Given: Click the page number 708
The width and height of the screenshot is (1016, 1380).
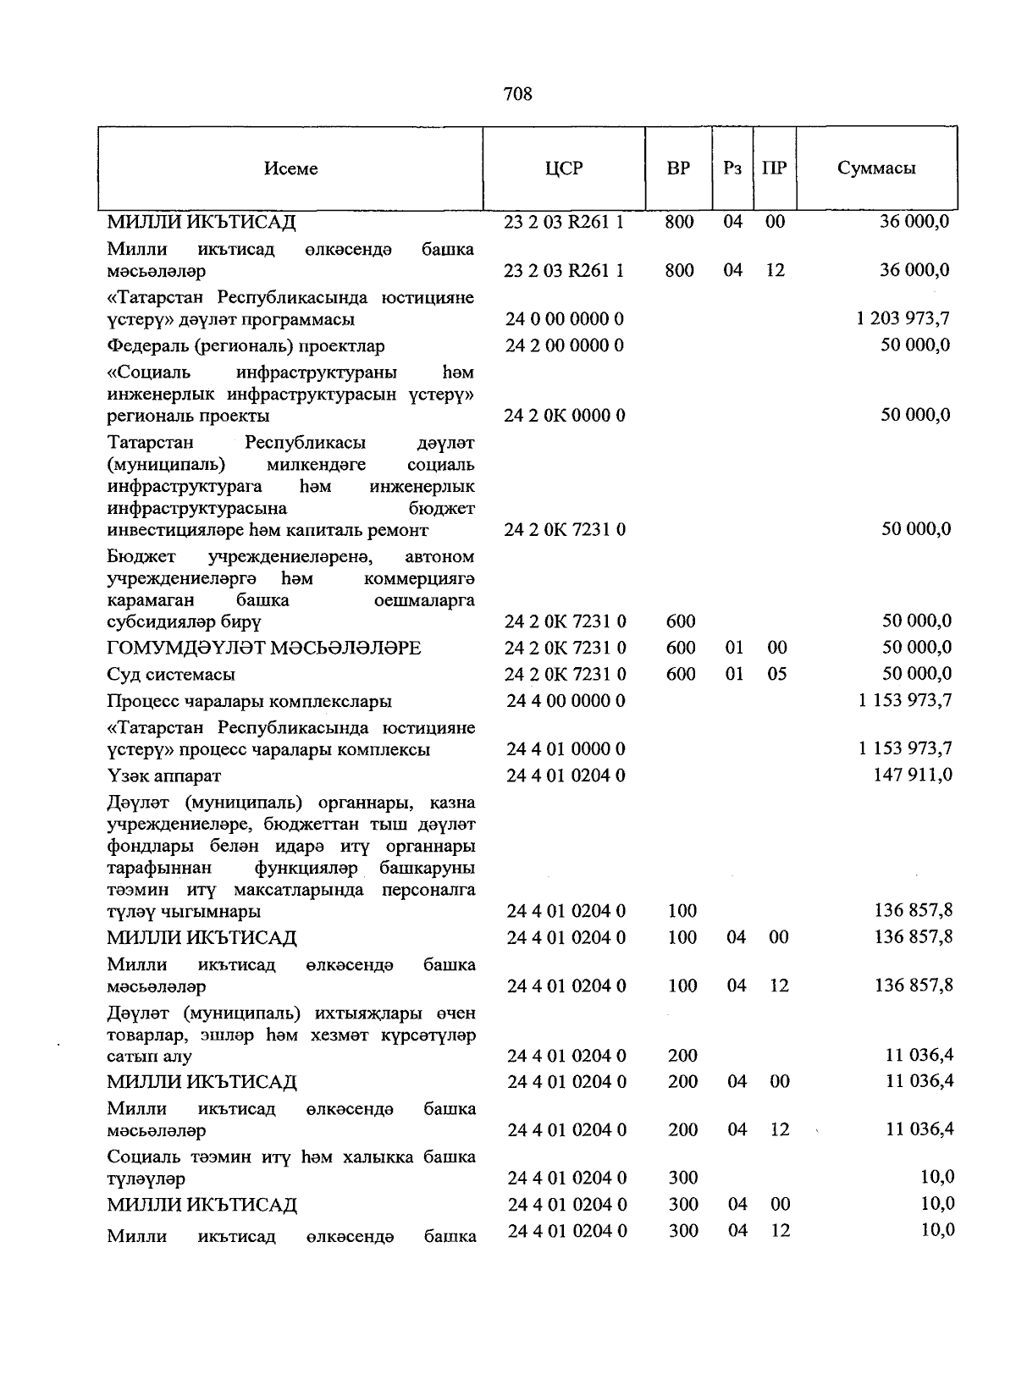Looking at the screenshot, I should point(517,94).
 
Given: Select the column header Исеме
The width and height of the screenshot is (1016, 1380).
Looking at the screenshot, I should point(290,168).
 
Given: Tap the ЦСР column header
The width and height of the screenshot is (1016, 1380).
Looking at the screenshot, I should point(564,168).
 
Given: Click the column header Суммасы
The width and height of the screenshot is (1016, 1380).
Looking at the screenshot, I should point(876,168).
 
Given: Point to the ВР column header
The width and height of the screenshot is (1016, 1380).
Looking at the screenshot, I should point(678,168).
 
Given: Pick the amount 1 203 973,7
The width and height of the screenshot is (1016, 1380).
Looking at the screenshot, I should point(903,318).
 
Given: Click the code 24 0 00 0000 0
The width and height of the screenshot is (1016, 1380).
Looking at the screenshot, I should point(564,319).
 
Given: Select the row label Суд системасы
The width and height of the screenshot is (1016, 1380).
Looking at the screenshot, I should point(171,675).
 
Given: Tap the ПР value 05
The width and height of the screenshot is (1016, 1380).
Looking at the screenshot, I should point(776,674).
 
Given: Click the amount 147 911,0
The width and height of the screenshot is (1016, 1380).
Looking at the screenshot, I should point(913,775).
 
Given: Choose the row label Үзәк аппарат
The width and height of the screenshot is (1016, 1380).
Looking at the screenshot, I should point(164,776).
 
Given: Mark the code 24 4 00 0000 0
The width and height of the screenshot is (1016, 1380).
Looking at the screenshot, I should point(565,701).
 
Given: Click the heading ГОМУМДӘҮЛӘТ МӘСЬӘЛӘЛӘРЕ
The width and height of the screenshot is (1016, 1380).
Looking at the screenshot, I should point(263,648).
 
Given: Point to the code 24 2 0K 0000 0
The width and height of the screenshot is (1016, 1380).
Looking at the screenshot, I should point(564,416).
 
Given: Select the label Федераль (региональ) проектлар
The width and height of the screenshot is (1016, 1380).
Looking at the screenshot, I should point(246,345).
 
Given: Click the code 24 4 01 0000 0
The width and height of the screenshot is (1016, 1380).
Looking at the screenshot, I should point(565,749).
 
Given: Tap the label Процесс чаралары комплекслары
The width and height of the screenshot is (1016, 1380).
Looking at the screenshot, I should point(249,701).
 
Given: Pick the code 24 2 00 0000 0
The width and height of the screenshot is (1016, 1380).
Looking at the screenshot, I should point(564,345).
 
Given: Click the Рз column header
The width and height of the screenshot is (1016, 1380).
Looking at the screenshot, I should point(732,168).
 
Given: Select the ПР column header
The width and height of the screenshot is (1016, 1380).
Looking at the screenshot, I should point(774,168).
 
